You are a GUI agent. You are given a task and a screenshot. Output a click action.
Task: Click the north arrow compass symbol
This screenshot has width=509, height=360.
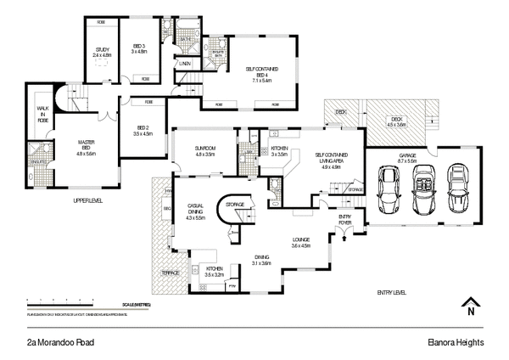click(x=469, y=307)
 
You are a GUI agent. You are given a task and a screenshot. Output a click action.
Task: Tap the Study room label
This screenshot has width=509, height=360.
click(x=101, y=51)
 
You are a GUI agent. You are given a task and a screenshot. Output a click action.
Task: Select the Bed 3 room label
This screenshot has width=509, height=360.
click(x=140, y=48)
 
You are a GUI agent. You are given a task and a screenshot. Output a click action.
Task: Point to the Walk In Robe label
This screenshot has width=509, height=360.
click(x=42, y=115)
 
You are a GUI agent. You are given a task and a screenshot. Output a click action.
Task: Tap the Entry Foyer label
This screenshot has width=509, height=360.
click(x=346, y=221)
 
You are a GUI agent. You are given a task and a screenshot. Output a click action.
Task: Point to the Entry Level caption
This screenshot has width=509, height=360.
click(x=392, y=292)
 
